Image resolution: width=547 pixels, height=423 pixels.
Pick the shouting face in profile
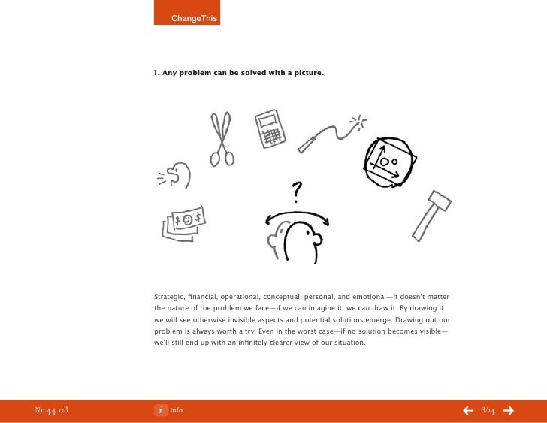coord(179,176)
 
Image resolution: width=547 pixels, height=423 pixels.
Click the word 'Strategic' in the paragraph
coord(170,295)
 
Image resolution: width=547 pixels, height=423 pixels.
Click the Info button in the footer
coord(169,410)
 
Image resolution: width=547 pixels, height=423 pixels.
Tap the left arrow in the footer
coord(467,410)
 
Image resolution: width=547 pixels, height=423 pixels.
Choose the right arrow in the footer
coord(509,410)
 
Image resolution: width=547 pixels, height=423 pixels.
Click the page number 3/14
coord(488,410)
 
